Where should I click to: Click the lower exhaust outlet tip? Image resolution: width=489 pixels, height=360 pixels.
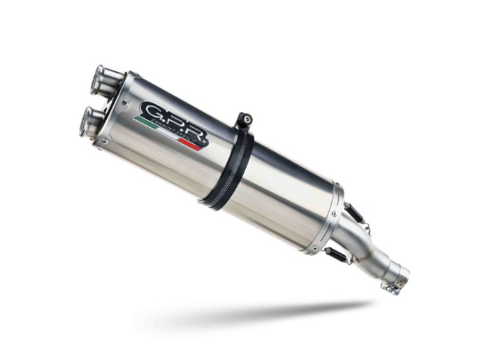coord(90,121)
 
